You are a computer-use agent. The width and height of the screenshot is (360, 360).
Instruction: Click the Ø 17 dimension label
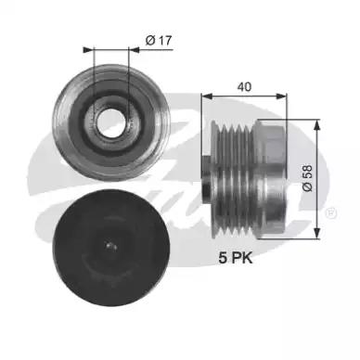click(159, 41)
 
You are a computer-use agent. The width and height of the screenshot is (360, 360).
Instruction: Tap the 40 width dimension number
click(244, 87)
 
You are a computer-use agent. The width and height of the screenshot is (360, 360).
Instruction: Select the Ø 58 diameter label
click(307, 178)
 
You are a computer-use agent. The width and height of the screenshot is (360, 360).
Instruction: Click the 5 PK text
click(236, 258)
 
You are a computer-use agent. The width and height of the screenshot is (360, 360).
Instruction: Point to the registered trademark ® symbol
click(331, 213)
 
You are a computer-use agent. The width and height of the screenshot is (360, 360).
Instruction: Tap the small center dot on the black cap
click(111, 246)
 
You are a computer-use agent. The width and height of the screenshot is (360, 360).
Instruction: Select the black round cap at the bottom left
click(111, 248)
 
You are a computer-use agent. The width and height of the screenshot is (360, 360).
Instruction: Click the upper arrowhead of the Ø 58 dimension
click(316, 125)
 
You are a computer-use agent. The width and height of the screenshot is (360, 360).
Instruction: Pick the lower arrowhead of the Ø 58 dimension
click(316, 233)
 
